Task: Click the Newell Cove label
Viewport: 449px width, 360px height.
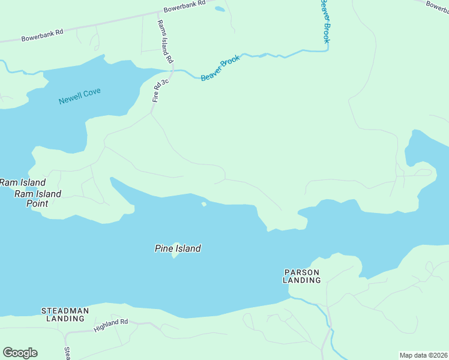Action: tap(79, 96)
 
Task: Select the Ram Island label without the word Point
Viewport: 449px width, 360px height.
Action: tap(22, 182)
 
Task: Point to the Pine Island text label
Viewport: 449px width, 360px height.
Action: tap(178, 248)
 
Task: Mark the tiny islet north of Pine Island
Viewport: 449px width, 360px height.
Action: tap(204, 205)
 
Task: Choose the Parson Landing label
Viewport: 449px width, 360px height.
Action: tap(302, 276)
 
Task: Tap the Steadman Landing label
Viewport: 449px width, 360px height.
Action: tap(65, 314)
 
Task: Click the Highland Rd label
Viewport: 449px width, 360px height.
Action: tap(111, 325)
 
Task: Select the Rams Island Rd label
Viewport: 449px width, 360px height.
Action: tap(165, 42)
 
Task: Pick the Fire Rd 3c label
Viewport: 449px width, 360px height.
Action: tap(160, 89)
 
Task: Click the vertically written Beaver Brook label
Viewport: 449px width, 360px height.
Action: tap(324, 21)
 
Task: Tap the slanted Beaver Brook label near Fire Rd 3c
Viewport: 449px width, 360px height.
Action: tap(220, 68)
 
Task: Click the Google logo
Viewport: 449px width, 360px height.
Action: tap(20, 353)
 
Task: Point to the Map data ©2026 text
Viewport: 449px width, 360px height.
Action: tap(423, 355)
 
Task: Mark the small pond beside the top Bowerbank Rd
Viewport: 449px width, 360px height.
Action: tap(220, 9)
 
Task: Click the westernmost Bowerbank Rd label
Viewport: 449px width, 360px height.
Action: tap(42, 35)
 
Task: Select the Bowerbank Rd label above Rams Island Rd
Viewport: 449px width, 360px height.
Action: tap(184, 6)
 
